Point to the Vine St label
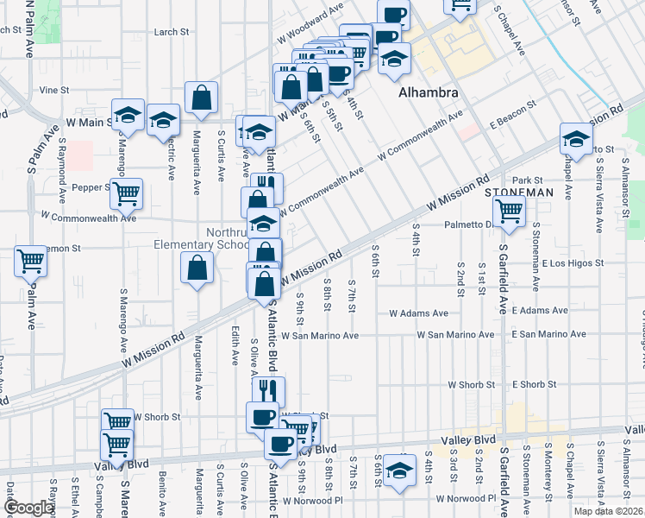click(x=53, y=90)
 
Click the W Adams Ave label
click(x=419, y=313)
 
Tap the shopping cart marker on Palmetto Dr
click(x=509, y=210)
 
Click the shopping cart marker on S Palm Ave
click(x=30, y=259)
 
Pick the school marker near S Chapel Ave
click(x=576, y=137)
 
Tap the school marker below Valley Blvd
click(x=399, y=471)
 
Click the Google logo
click(x=28, y=509)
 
